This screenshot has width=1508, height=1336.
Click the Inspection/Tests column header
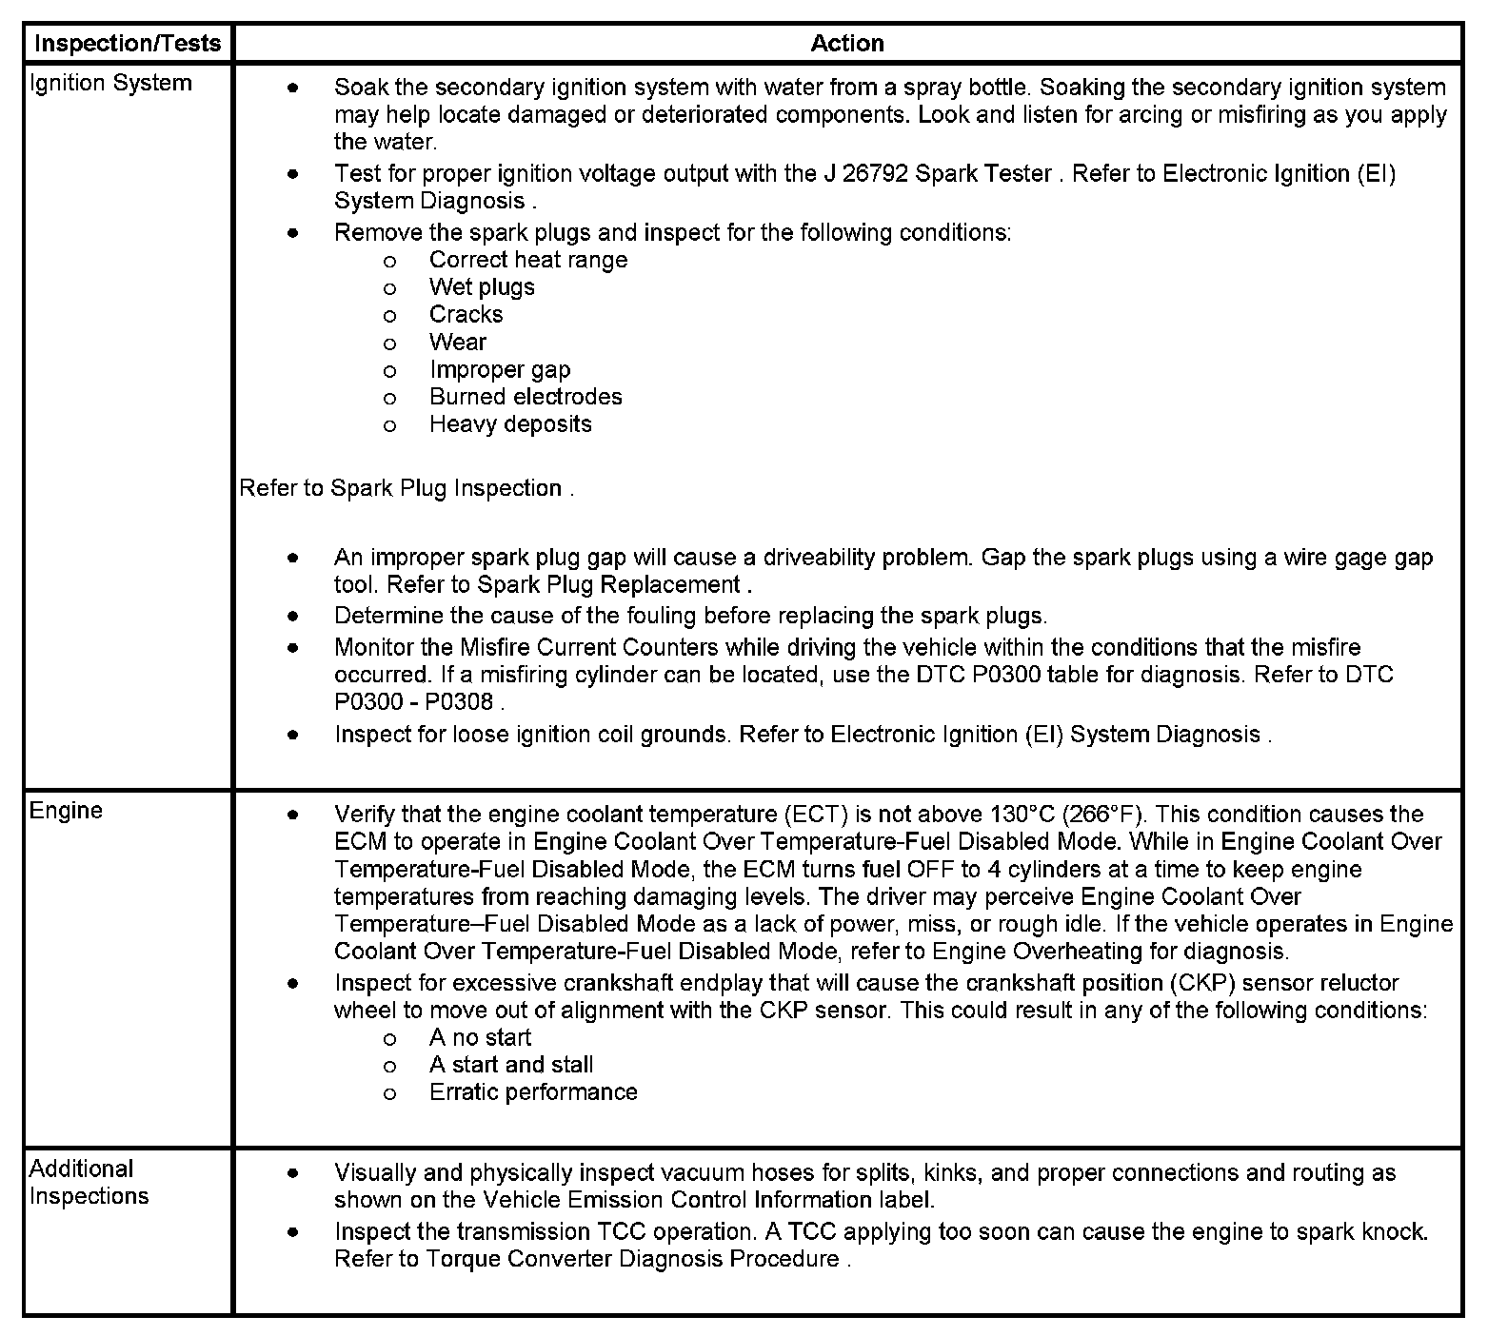coord(128,43)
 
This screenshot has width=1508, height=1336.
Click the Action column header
coord(846,43)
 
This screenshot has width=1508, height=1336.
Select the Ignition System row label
coord(110,83)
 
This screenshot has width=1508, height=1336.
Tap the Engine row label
coord(66,810)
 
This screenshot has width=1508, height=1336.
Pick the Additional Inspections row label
coord(89,1182)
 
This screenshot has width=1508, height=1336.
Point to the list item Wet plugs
coord(482,286)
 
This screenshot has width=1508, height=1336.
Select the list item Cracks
coord(466,314)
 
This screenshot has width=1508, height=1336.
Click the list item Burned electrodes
coord(526,396)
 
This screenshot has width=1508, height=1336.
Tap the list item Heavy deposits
coord(510,423)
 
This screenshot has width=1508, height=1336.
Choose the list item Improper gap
coord(500,369)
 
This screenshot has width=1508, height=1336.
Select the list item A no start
coord(480,1037)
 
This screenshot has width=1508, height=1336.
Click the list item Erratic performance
coord(533,1091)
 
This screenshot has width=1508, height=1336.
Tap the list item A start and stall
coord(511,1064)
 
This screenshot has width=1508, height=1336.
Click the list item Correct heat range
coord(528,260)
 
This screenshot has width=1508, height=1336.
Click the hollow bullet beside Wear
coord(389,343)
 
